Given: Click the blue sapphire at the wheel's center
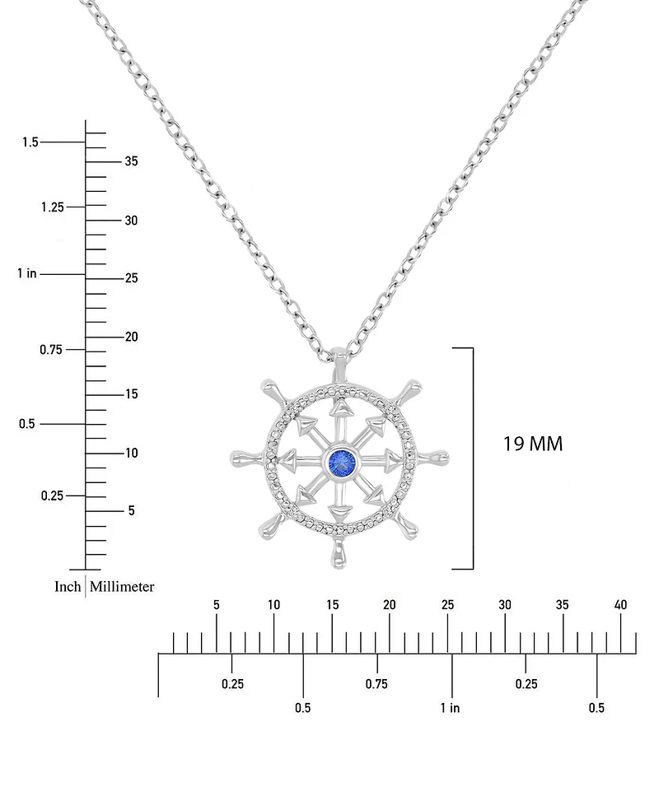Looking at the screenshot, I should click(341, 459).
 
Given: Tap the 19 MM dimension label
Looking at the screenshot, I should click(533, 444).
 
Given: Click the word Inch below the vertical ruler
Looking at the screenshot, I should click(68, 587).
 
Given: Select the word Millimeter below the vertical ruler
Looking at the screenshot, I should click(122, 587).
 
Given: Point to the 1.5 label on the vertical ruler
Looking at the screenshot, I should click(30, 142).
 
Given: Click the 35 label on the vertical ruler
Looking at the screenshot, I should click(131, 161).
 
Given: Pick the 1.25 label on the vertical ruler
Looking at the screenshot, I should click(52, 207).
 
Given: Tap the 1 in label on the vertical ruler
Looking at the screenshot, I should click(26, 273).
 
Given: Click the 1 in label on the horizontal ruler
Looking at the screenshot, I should click(450, 708).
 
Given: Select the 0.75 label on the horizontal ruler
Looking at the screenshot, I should click(376, 684).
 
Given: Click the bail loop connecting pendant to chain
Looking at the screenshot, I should click(340, 359).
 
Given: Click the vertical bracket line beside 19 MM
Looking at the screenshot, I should click(473, 458).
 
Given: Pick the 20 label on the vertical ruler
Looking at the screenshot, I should click(131, 337).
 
